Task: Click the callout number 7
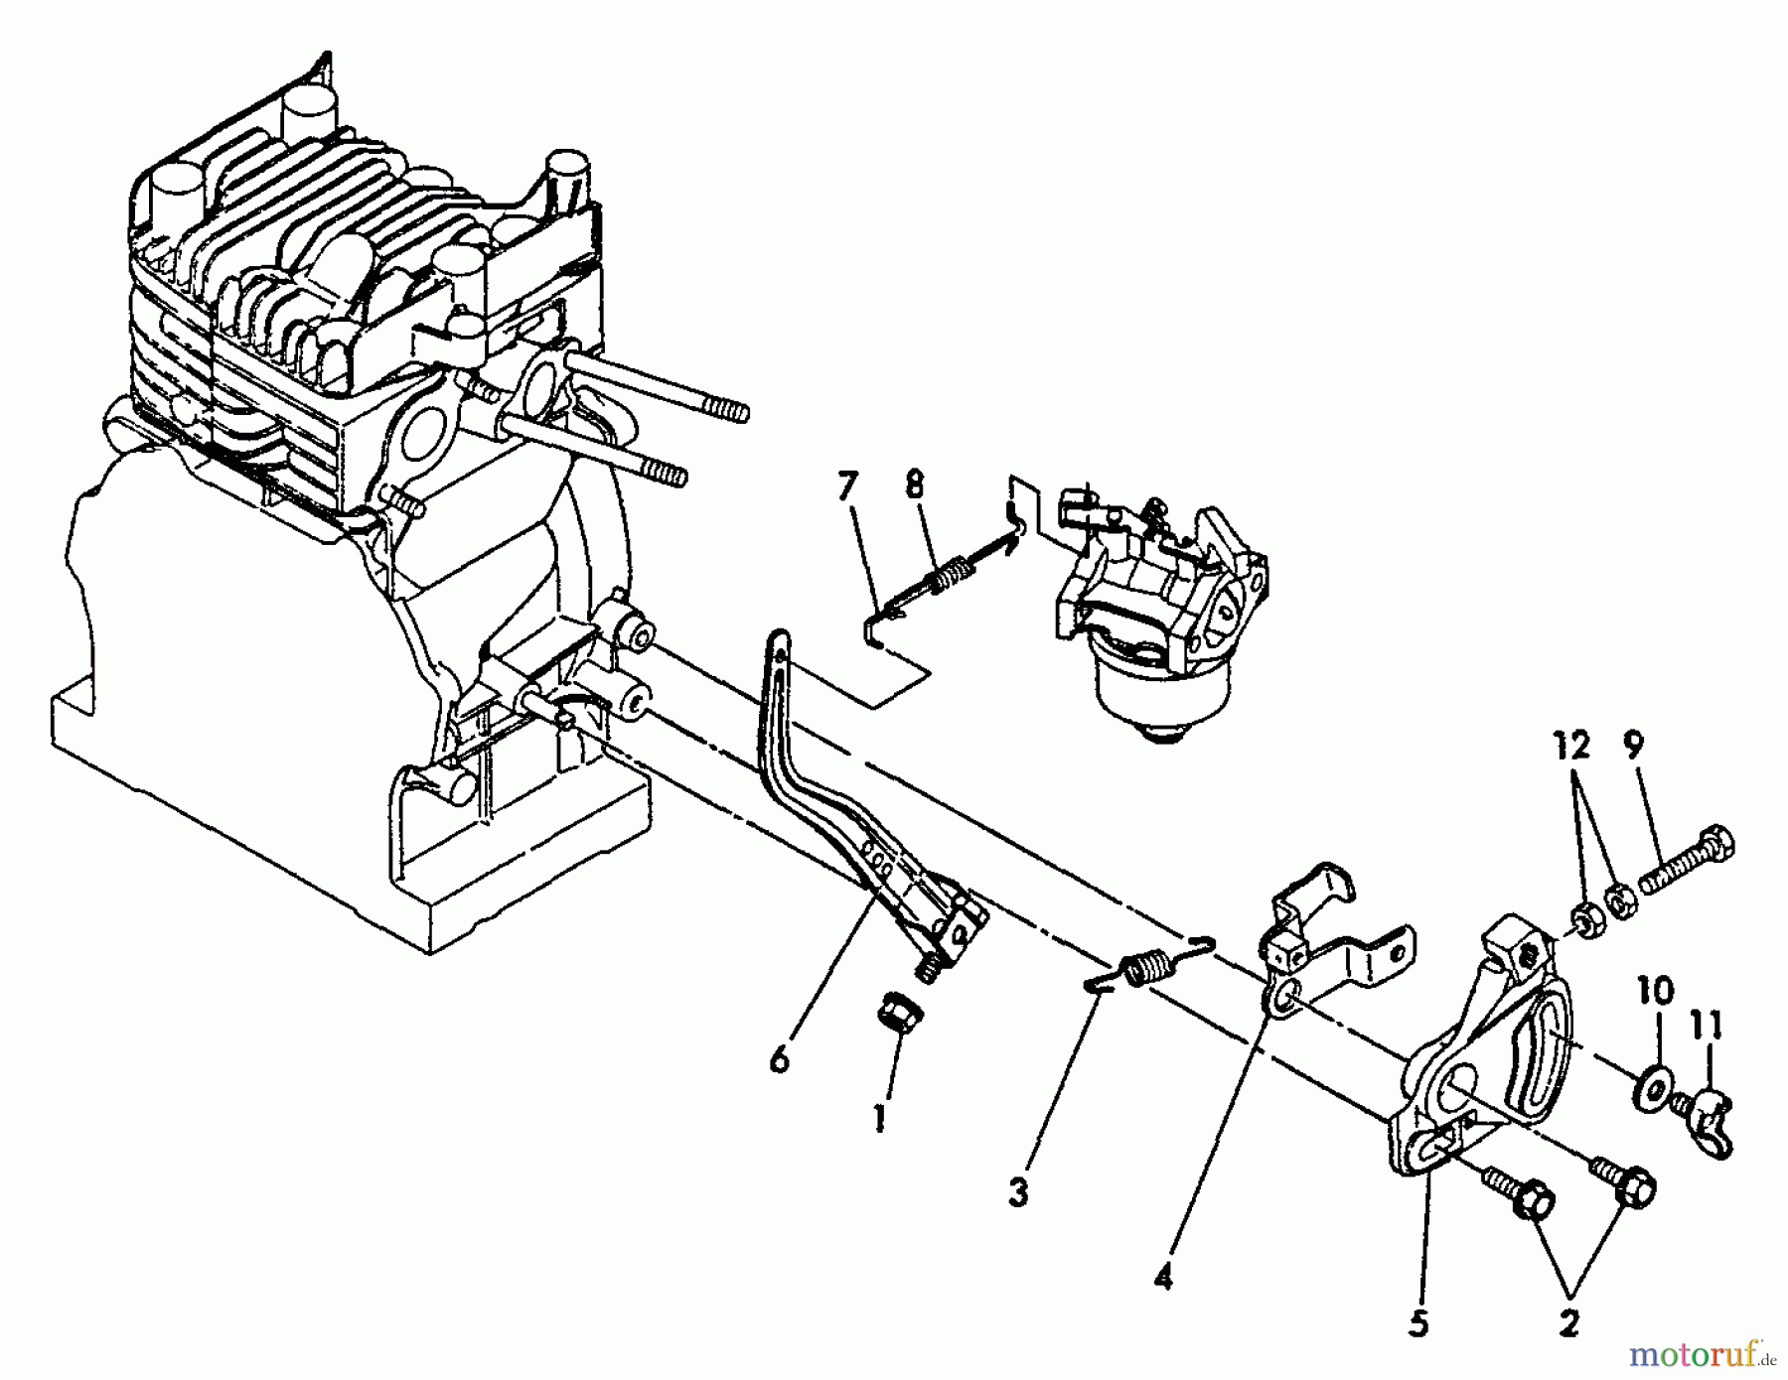(x=845, y=489)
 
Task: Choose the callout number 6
(x=780, y=1060)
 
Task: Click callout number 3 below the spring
(x=1017, y=1192)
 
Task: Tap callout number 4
(x=1163, y=1277)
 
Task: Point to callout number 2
(x=1568, y=1322)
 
